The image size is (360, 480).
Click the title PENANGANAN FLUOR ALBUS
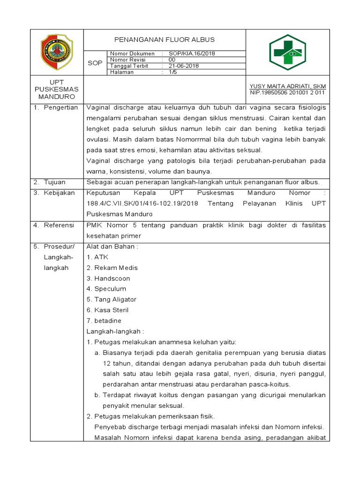165,40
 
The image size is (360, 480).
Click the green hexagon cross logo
287,52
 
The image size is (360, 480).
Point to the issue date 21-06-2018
184,66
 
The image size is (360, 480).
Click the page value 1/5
172,72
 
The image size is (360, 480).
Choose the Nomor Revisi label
128,60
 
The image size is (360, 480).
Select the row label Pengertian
61,108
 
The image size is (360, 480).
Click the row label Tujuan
55,182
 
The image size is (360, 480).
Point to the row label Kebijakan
59,193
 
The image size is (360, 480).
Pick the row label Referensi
59,225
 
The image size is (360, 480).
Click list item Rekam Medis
112,268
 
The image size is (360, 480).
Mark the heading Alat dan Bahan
112,247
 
